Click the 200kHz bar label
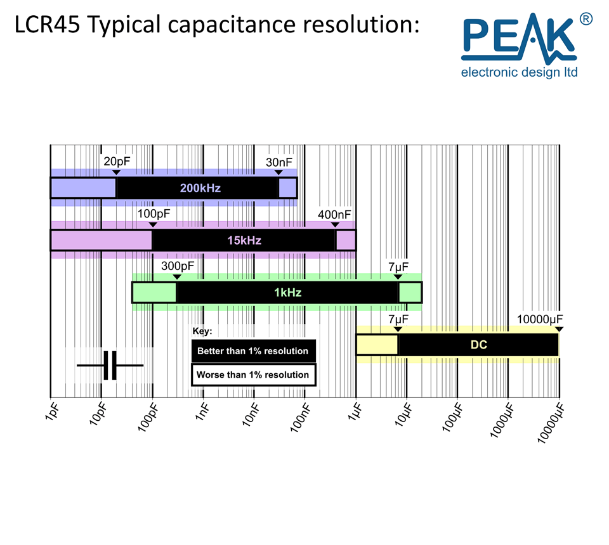click(200, 188)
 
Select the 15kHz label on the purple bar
click(244, 241)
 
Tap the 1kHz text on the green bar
click(288, 293)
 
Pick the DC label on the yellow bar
click(479, 345)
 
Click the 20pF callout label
click(117, 162)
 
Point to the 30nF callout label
click(279, 162)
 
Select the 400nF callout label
click(334, 214)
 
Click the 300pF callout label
click(178, 266)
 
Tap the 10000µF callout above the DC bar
click(539, 319)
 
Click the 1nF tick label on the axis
click(202, 412)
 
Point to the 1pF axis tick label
click(52, 411)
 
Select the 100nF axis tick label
click(300, 418)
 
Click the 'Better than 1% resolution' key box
click(253, 351)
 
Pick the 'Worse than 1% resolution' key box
click(253, 375)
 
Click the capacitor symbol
click(110, 366)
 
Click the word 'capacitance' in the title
click(232, 25)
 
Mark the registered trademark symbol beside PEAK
click(586, 19)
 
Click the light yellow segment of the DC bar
click(377, 345)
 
